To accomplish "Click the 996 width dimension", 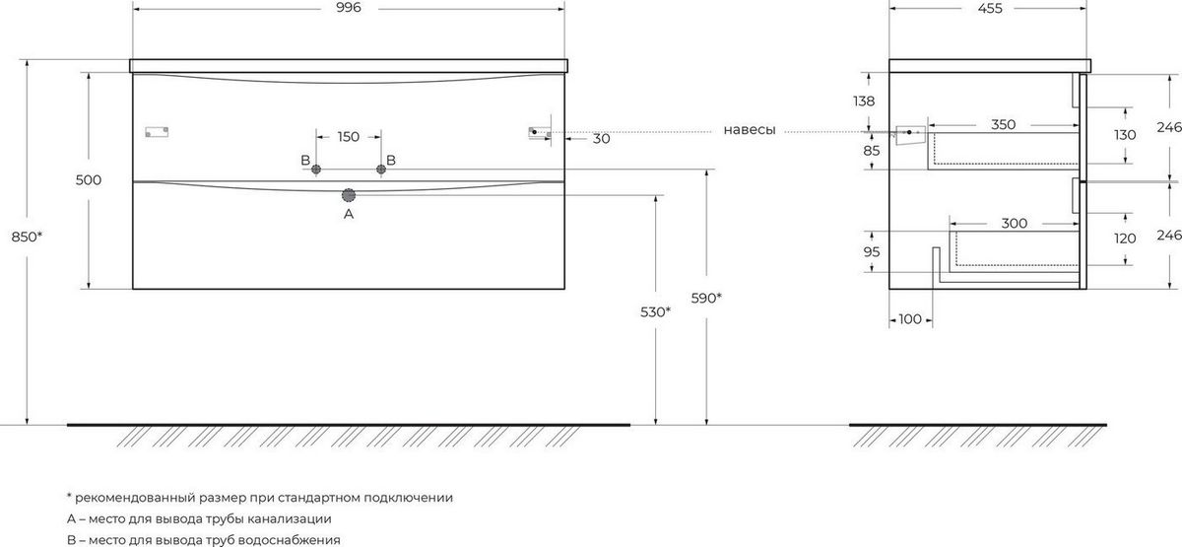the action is coord(349,8).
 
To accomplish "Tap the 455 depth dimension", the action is coord(989,9).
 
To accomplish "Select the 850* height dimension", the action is coord(27,238).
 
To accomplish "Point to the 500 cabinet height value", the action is coord(88,180).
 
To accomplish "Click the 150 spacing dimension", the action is coord(349,137).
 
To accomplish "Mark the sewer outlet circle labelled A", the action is coord(349,195).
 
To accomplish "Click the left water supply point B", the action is coord(316,170).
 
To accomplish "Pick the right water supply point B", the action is coord(381,170).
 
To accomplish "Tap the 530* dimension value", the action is coord(655,312).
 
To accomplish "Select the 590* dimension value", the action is coord(706,299).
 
